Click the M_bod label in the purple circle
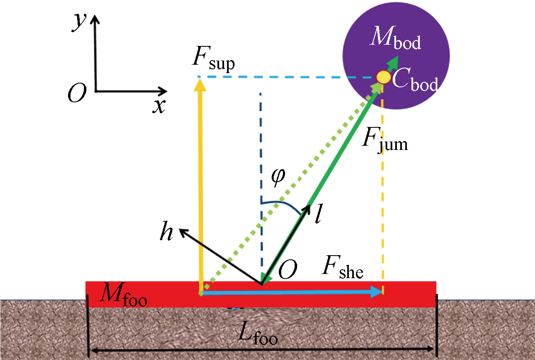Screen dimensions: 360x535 [x=396, y=40]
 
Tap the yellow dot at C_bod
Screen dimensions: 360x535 [x=383, y=77]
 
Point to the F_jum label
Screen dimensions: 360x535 [x=384, y=143]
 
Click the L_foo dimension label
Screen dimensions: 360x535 [x=257, y=334]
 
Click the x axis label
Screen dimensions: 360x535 [x=158, y=106]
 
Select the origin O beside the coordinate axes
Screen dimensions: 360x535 [x=77, y=94]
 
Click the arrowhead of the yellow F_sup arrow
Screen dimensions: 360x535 [x=201, y=84]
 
